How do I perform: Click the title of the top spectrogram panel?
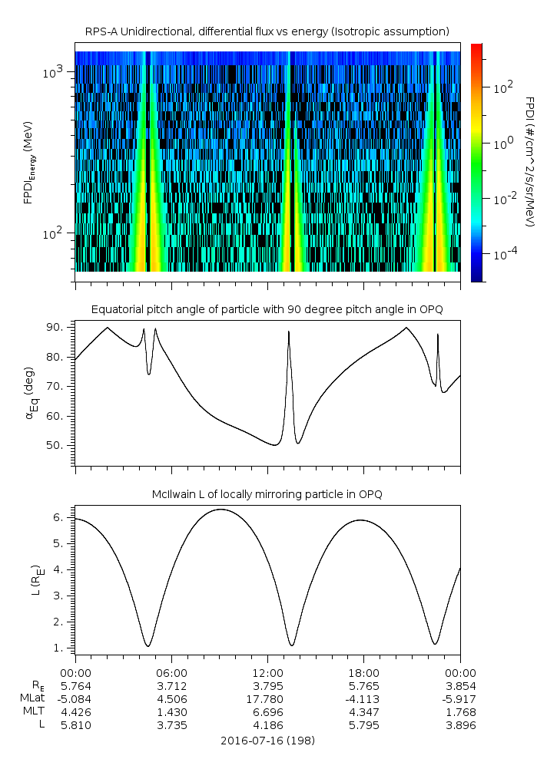click(267, 31)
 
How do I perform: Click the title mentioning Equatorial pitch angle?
click(267, 309)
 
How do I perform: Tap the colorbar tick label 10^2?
click(502, 88)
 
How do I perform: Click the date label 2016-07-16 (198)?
click(267, 741)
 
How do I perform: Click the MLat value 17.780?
click(267, 698)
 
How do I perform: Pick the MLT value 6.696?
click(267, 712)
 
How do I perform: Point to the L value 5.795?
click(363, 725)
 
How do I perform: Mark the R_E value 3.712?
click(171, 685)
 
